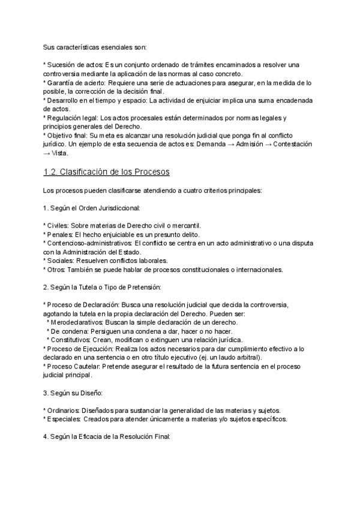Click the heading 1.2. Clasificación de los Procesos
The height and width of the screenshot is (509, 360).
coord(107,173)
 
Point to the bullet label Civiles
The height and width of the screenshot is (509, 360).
coord(60,226)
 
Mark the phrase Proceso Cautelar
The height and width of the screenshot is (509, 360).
coord(74,366)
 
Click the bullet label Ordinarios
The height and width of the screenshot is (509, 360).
coord(64,411)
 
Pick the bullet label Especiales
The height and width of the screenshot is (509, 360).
coord(64,419)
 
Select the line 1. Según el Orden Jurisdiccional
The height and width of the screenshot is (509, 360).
coord(91,208)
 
